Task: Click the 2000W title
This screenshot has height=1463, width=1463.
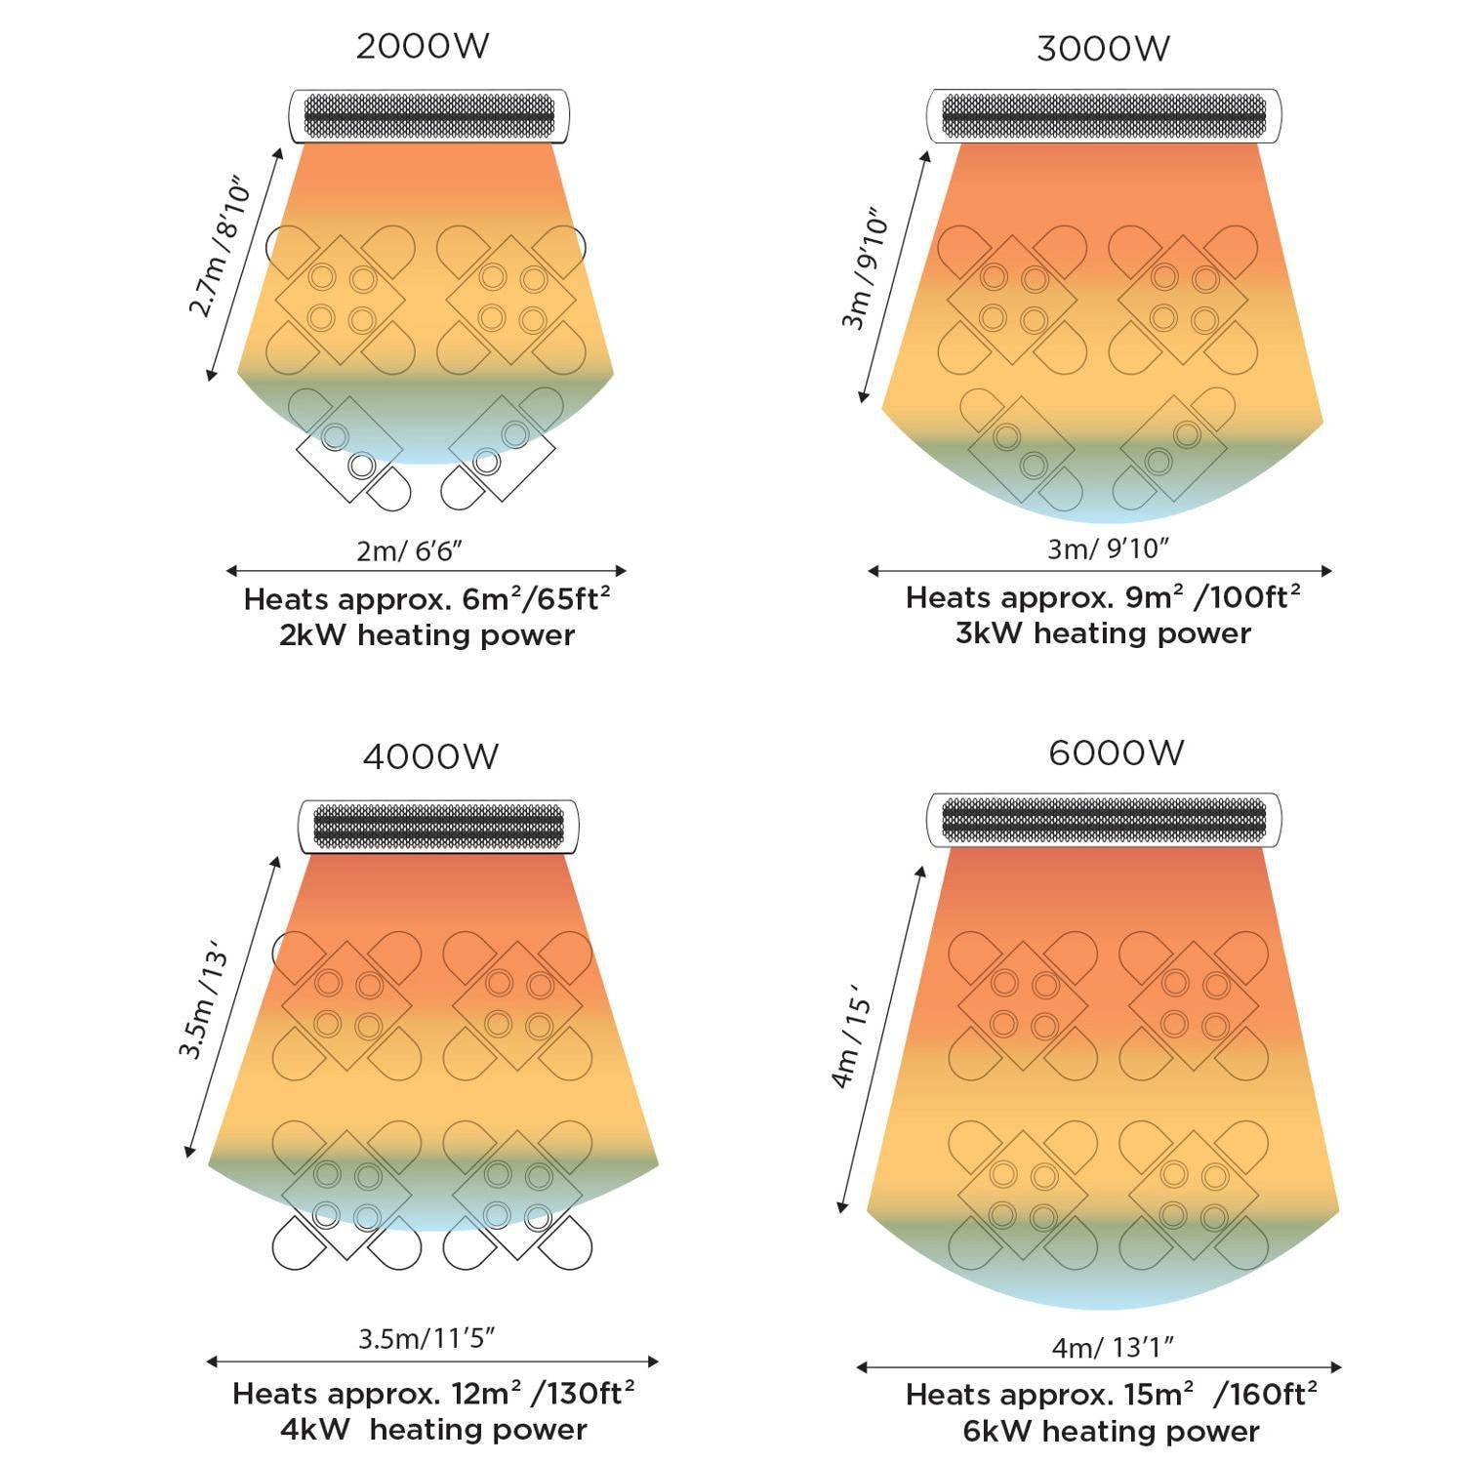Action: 422,46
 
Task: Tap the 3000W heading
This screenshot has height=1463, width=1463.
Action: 1103,49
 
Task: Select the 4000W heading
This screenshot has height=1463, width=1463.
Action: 430,756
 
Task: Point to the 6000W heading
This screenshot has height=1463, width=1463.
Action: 1117,752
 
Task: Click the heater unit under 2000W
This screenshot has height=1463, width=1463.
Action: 428,116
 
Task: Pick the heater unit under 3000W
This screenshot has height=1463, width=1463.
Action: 1104,116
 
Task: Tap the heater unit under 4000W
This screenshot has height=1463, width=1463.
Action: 438,827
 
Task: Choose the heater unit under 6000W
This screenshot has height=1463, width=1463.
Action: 1104,820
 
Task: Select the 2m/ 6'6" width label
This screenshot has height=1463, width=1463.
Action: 409,550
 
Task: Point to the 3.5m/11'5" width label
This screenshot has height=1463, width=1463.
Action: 427,1338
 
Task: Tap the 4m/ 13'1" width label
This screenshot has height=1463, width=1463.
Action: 1113,1347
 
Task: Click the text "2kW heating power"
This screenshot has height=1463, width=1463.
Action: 427,635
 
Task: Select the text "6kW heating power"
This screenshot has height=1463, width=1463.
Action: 1111,1432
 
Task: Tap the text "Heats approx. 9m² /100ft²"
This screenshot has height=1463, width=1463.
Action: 1103,597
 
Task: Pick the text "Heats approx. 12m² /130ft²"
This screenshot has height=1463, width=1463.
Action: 433,1394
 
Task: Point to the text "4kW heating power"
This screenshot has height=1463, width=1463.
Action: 433,1430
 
